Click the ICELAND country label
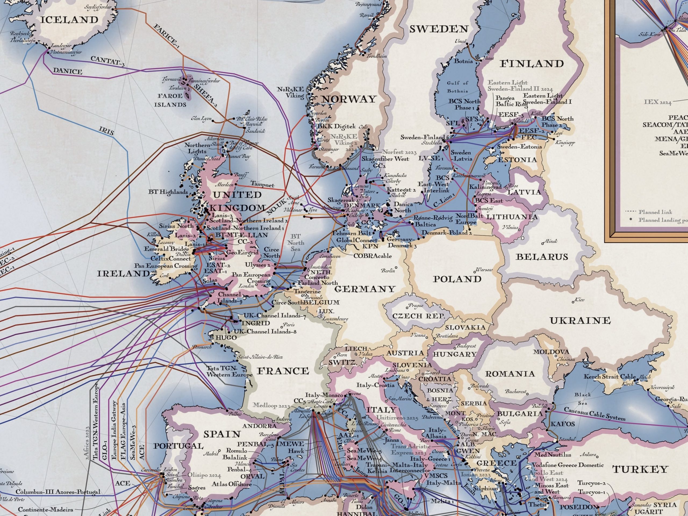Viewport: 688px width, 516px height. (69, 20)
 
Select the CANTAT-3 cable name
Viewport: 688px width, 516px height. (107, 61)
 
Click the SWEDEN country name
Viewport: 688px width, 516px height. (439, 29)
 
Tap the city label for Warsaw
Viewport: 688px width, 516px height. (484, 270)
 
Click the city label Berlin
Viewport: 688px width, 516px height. (388, 271)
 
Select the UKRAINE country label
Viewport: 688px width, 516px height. (580, 321)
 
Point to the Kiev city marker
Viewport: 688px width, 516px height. (573, 302)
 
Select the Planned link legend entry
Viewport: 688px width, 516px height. (655, 212)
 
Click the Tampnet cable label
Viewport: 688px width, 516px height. (262, 184)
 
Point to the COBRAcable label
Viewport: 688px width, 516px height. (372, 256)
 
